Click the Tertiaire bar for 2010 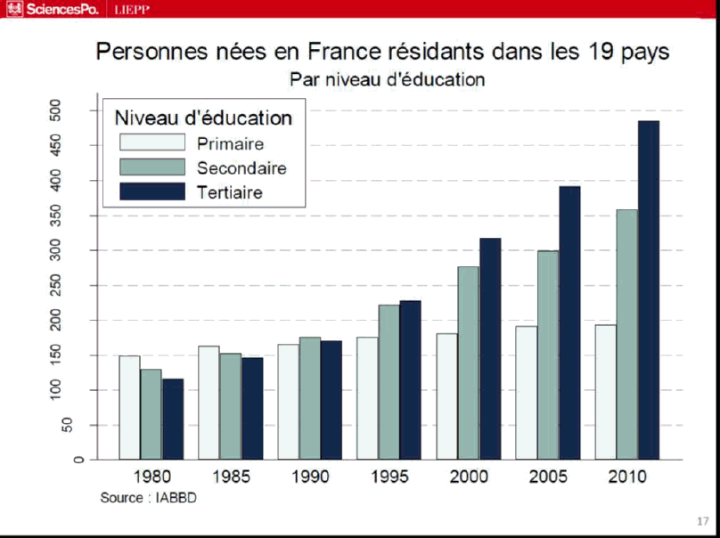point(649,289)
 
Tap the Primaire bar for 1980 point(129,407)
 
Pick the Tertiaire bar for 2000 point(490,348)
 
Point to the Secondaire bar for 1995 point(389,382)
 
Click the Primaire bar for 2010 point(606,392)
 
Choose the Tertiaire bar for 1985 point(252,408)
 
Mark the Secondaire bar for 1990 point(310,398)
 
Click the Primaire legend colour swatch point(152,143)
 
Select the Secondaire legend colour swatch point(152,167)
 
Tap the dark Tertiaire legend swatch point(152,191)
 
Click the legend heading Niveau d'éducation point(204,118)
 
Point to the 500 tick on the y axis point(80,110)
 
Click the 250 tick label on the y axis point(80,285)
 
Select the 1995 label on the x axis point(389,477)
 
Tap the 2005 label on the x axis point(548,477)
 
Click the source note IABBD point(148,497)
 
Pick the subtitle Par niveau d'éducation point(387,79)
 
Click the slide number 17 point(702,521)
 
